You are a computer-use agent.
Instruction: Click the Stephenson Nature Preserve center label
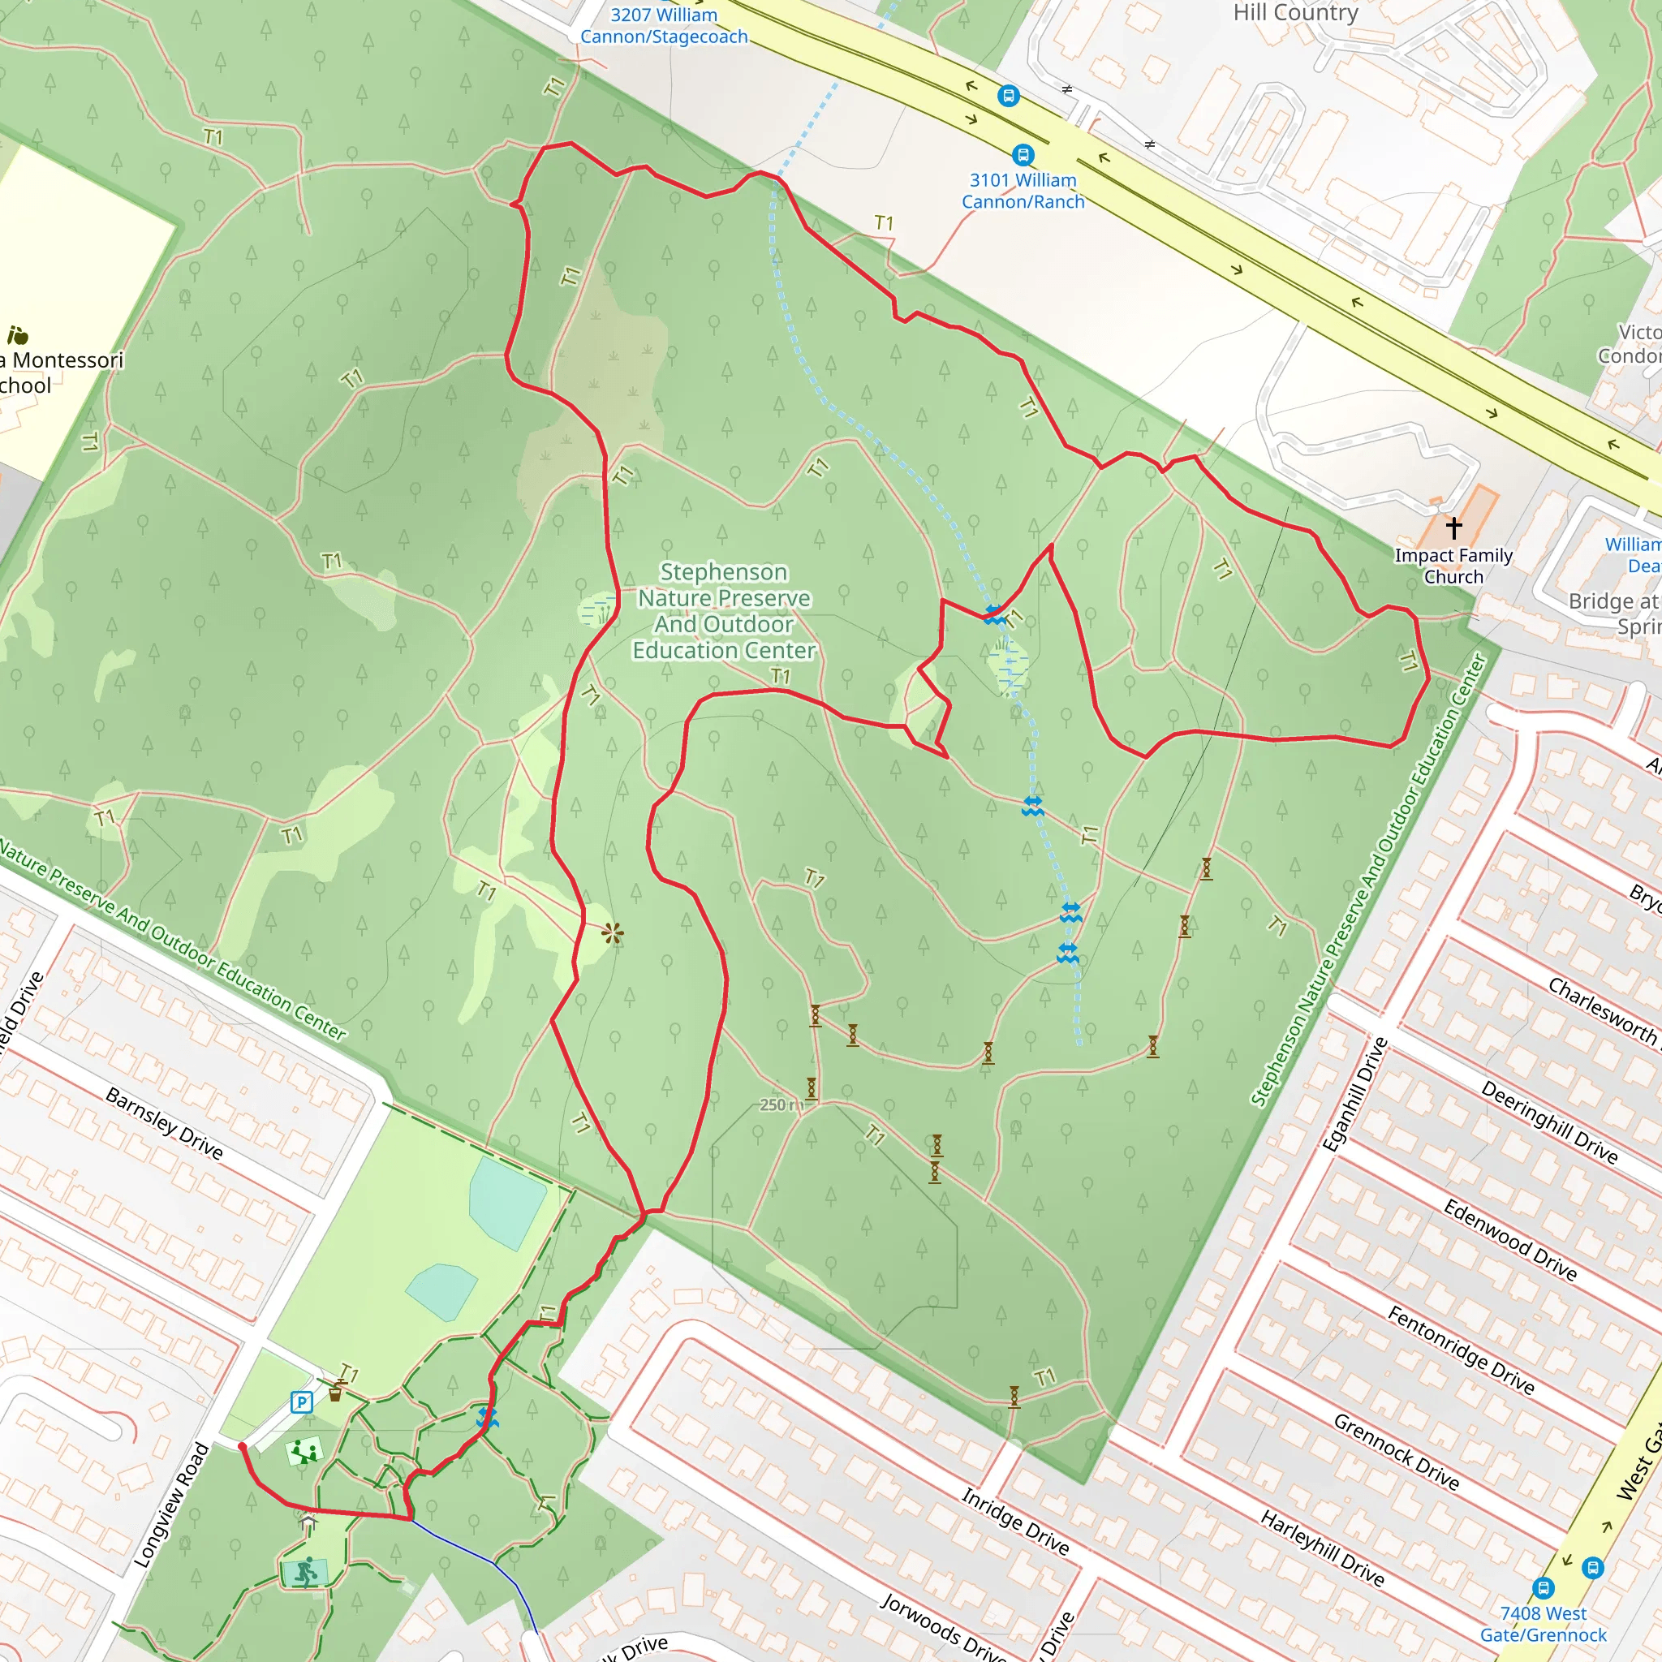pos(723,611)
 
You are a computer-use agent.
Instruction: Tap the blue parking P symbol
pos(301,1403)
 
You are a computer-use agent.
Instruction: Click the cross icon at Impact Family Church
pos(1453,527)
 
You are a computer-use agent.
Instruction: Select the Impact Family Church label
pos(1453,566)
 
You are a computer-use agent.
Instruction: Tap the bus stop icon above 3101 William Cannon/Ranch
pos(1022,155)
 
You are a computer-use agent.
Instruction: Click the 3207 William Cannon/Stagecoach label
pos(663,26)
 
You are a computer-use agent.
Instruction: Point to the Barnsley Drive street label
pos(163,1122)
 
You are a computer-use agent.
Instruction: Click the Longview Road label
pos(172,1505)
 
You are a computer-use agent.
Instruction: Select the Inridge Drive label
pos(1015,1522)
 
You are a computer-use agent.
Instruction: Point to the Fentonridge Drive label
pos(1461,1349)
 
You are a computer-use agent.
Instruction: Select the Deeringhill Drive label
pos(1548,1121)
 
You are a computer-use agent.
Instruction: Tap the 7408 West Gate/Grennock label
pos(1544,1622)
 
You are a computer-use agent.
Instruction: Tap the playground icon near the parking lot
pos(304,1452)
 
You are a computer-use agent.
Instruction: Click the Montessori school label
pos(60,372)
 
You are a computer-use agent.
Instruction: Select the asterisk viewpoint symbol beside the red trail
pos(612,933)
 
